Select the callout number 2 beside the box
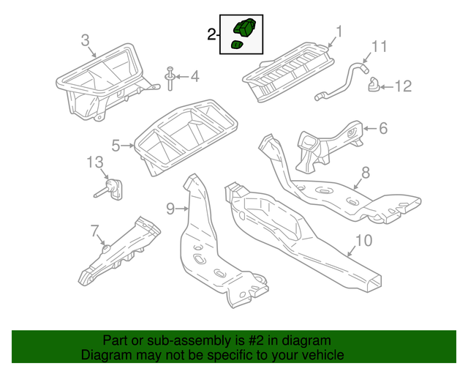[x=211, y=34]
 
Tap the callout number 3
[x=85, y=41]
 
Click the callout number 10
[x=363, y=240]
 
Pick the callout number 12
[x=403, y=86]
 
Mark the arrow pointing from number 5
[x=129, y=146]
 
